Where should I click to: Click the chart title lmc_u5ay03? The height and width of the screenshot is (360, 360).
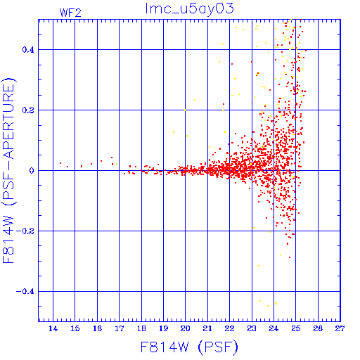pos(189,9)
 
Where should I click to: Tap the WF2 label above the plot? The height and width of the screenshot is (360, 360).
pos(70,13)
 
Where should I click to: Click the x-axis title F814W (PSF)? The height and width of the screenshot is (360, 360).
pos(189,347)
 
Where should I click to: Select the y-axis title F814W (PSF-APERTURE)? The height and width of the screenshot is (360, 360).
pos(8,171)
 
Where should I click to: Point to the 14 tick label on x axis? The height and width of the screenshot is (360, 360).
pos(53,328)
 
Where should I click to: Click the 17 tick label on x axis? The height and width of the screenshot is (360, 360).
pos(119,328)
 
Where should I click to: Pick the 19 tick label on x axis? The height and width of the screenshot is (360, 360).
pos(163,328)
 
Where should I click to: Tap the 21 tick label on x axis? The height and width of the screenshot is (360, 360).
pos(207,328)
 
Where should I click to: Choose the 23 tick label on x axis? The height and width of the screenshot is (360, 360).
pos(252,328)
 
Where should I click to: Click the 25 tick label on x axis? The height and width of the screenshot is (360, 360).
pos(296,328)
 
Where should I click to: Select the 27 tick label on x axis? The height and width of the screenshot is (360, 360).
pos(340,328)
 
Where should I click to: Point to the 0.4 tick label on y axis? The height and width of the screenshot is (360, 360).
pos(28,50)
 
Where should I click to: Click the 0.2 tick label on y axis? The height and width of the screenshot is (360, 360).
pos(28,110)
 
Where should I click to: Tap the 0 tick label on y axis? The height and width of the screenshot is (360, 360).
pos(32,171)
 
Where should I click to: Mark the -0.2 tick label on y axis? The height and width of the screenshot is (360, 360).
pos(25,231)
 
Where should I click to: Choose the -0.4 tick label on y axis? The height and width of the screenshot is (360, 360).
pos(25,292)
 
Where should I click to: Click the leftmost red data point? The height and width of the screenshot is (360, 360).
pos(60,163)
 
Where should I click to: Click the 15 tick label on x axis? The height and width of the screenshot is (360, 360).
pos(75,328)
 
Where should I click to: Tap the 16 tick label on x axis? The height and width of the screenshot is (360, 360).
pos(97,328)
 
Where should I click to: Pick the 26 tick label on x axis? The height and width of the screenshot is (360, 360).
pos(318,328)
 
